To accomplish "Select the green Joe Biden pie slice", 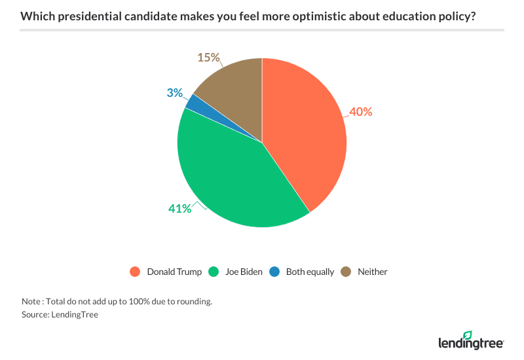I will pos(229,177).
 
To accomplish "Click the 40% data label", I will pos(360,112).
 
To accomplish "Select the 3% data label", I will pos(174,93).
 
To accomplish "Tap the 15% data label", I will pos(208,58).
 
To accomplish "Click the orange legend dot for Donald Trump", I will pos(136,272).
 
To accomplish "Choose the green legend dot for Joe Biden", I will pos(213,272).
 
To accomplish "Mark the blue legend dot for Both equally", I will pos(275,272).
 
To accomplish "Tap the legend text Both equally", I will pos(310,272).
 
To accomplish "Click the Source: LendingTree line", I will pos(56,315).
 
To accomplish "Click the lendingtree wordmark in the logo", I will pos(470,342).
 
